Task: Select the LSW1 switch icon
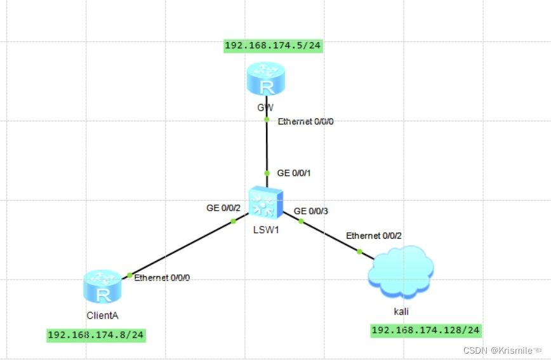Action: point(265,203)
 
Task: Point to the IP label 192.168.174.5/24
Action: point(273,45)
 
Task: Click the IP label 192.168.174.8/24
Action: point(96,335)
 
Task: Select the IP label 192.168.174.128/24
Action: point(425,330)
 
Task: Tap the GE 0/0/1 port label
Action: point(295,173)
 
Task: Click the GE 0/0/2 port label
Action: point(223,208)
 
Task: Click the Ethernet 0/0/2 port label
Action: point(373,236)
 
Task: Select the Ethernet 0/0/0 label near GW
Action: point(305,121)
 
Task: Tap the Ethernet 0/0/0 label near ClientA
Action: point(162,277)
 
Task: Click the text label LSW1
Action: point(265,230)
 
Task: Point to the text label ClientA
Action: point(102,314)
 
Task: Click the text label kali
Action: point(401,311)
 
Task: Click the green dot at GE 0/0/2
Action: point(233,221)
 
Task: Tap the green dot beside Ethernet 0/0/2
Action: point(359,251)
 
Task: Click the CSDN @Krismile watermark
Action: point(501,350)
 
